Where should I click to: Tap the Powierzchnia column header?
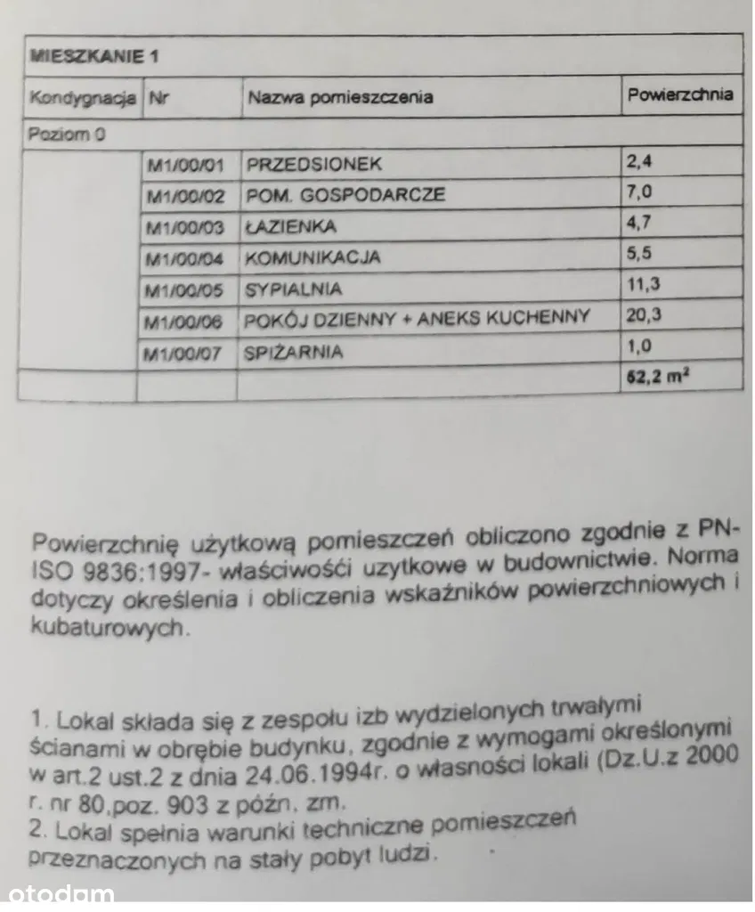[680, 94]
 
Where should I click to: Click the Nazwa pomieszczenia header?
[340, 97]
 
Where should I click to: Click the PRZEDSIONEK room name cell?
[313, 164]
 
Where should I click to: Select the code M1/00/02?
[187, 196]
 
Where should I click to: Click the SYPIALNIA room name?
[293, 289]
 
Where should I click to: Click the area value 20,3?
[646, 315]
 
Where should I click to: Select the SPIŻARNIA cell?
[293, 352]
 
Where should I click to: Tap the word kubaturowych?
[110, 628]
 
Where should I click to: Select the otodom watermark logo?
[59, 893]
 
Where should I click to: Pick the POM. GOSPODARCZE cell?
[345, 195]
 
